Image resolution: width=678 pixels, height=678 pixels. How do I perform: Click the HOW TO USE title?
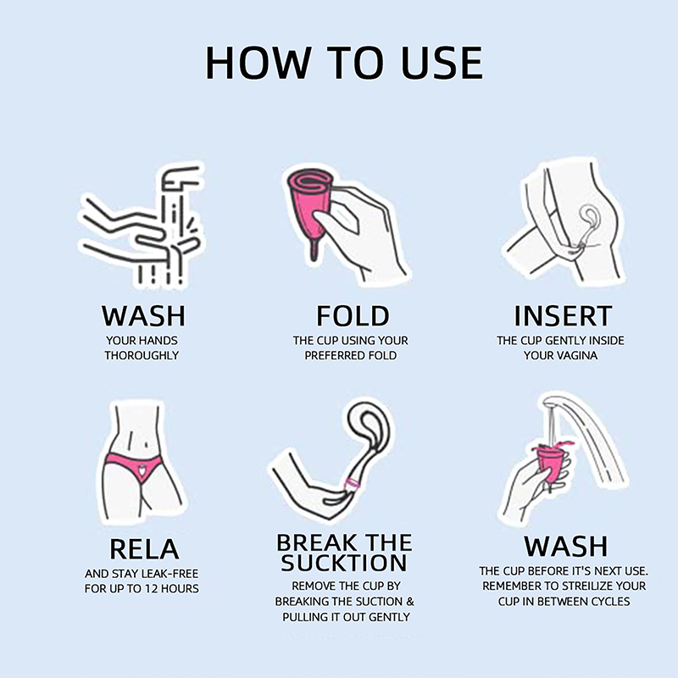pos(344,63)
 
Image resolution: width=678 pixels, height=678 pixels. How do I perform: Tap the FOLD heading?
pos(353,315)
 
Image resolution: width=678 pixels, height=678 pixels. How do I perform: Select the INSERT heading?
pos(563,315)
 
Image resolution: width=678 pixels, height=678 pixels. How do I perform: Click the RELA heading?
pos(144,549)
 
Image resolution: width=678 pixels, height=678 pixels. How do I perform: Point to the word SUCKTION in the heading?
pos(344,563)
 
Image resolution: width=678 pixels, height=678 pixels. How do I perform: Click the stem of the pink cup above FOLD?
pos(314,250)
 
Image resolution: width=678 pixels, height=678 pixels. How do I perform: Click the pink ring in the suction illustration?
pos(353,484)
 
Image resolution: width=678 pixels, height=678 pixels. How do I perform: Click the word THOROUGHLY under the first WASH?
pos(142,355)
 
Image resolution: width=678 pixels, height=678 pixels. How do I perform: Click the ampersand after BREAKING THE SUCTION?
pos(410,602)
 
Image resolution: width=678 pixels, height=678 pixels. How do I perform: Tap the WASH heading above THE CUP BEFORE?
pos(565,547)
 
